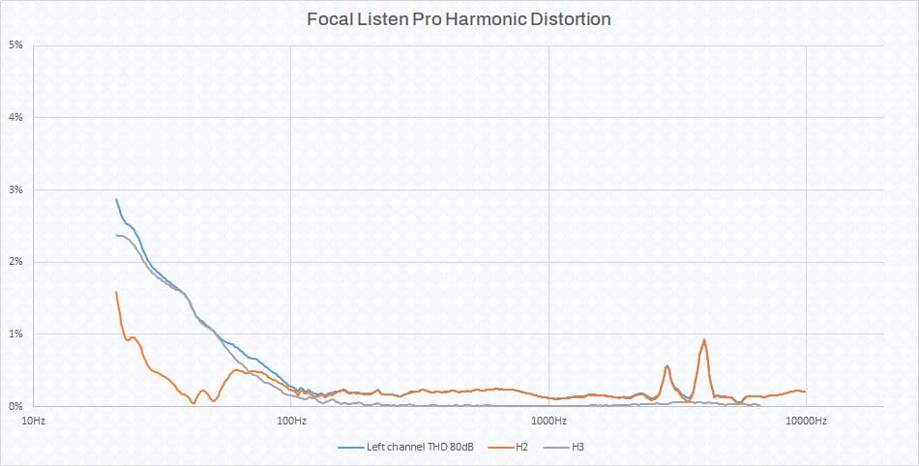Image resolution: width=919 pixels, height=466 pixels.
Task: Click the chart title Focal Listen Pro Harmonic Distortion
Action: pyautogui.click(x=459, y=18)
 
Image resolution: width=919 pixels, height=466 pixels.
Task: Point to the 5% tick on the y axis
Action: pyautogui.click(x=16, y=45)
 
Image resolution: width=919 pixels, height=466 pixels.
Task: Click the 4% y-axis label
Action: pyautogui.click(x=16, y=118)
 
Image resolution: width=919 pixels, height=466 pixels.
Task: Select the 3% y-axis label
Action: pyautogui.click(x=16, y=189)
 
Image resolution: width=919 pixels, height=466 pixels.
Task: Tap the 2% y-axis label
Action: pyautogui.click(x=16, y=262)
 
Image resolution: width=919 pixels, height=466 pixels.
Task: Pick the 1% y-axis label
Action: pyautogui.click(x=16, y=334)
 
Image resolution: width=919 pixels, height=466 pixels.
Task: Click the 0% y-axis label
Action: pyautogui.click(x=16, y=406)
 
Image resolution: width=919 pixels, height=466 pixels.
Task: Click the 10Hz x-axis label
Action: pyautogui.click(x=32, y=421)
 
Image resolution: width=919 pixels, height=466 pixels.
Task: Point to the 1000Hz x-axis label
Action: pyautogui.click(x=548, y=421)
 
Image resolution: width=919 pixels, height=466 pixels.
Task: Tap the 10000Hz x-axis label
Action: pyautogui.click(x=806, y=421)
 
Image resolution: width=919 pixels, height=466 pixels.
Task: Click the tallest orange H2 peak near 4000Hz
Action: pyautogui.click(x=704, y=339)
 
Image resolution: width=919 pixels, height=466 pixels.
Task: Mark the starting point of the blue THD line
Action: pyautogui.click(x=116, y=199)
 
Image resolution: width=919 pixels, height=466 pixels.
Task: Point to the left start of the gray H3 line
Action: pyautogui.click(x=116, y=235)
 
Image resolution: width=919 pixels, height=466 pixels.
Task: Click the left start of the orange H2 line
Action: pyautogui.click(x=116, y=292)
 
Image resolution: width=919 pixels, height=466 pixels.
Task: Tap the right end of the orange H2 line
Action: pyautogui.click(x=805, y=392)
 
